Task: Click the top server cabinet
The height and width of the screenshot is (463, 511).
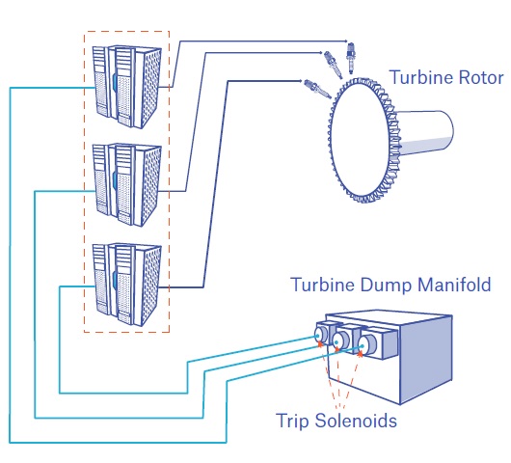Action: click(x=126, y=87)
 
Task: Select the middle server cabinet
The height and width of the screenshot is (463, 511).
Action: click(x=126, y=185)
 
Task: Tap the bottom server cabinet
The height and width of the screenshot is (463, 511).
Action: click(x=126, y=285)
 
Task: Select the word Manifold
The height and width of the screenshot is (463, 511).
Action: click(x=454, y=285)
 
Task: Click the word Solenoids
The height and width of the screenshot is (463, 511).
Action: click(x=356, y=420)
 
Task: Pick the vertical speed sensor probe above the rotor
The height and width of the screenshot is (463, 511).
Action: click(x=351, y=59)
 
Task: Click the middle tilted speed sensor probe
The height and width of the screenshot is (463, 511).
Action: click(x=333, y=65)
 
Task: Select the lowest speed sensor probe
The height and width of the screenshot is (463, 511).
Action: click(x=318, y=89)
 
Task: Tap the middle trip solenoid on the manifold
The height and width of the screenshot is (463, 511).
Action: click(x=342, y=340)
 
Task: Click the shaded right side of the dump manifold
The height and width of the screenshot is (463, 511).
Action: click(x=426, y=360)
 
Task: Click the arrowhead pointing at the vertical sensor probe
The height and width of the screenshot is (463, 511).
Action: click(x=346, y=41)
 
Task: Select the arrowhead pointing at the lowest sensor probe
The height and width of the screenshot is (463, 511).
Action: click(x=300, y=81)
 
